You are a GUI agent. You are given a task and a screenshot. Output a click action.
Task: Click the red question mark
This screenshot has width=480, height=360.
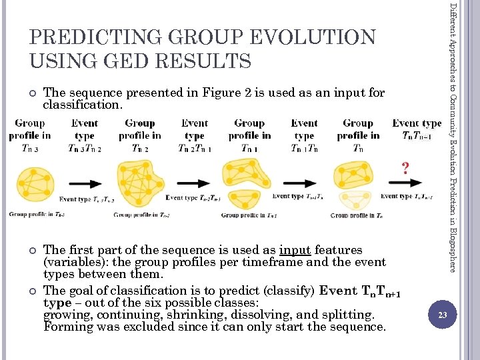(x=405, y=168)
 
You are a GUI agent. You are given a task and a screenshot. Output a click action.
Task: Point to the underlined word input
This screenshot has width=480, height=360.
(x=295, y=250)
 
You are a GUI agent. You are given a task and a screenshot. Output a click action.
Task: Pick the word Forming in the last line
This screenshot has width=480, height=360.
(x=66, y=327)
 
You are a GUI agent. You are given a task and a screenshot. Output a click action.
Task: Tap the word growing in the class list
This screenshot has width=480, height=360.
(x=66, y=315)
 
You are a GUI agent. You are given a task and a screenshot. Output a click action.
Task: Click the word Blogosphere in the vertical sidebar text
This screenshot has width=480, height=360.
(x=453, y=247)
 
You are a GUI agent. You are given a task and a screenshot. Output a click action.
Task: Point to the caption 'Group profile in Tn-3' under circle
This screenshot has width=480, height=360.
(x=37, y=214)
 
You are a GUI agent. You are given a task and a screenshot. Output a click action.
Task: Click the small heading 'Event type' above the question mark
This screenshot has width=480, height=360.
(x=417, y=123)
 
